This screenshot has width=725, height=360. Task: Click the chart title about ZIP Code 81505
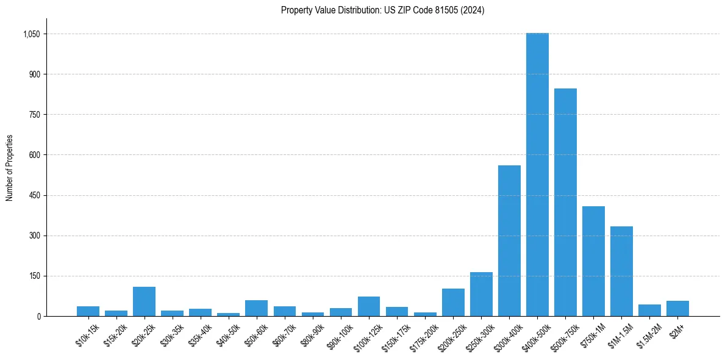coord(382,10)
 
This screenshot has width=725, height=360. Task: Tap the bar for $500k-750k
coord(565,202)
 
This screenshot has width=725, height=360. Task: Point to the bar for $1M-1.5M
coord(621,271)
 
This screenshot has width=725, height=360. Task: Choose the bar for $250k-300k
coord(481,294)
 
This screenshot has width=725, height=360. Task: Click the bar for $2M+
coord(677,308)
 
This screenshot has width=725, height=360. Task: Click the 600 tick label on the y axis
coord(34,155)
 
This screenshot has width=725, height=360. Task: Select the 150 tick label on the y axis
coord(34,276)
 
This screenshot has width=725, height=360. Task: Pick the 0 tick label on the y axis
coord(38,316)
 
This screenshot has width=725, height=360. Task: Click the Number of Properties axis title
coord(10,168)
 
